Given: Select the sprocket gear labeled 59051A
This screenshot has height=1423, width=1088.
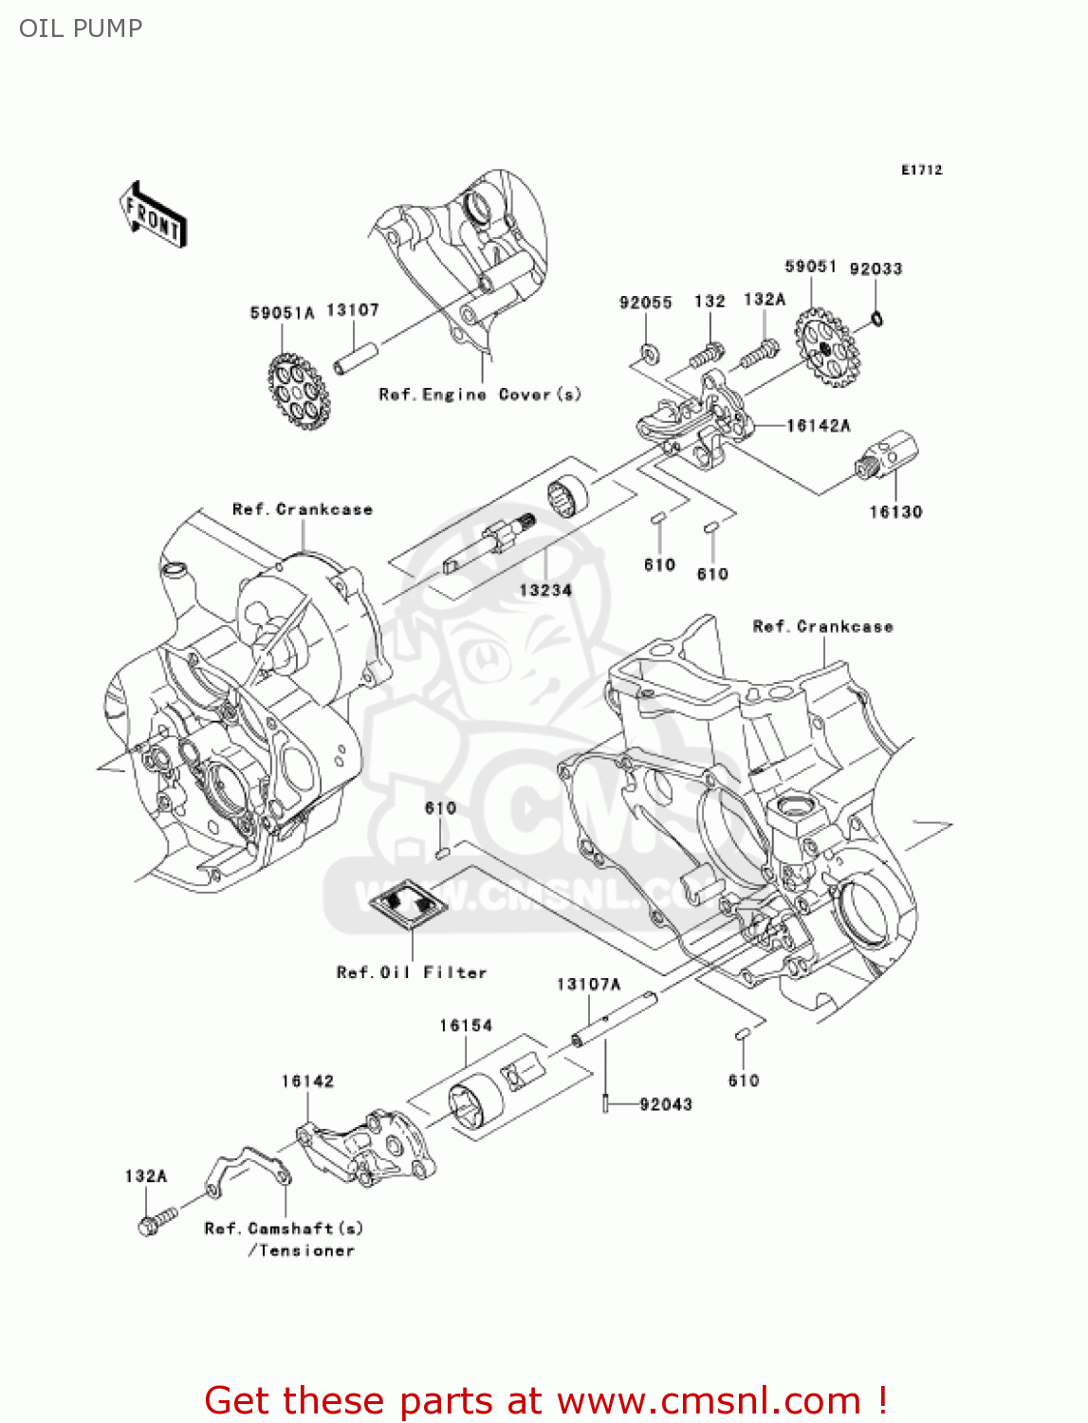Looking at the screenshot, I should point(298,390).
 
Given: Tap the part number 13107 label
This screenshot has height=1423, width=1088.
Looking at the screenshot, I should point(353,310).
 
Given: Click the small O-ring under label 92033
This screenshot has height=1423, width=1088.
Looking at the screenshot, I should point(877,318).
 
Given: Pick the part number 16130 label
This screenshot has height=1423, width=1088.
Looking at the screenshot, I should point(895,512).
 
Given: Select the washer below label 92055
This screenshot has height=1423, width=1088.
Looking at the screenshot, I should point(649,353).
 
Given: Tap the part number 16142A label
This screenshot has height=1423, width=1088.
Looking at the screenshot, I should point(818,426).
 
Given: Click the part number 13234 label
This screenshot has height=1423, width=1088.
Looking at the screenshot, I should point(545,590).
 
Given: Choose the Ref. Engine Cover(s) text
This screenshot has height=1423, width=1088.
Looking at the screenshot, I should point(480,395).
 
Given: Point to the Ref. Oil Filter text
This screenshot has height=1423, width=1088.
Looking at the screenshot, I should point(412,972).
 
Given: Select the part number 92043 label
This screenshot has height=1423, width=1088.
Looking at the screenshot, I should point(666,1104).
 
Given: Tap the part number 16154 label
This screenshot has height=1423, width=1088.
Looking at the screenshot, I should point(466,1026).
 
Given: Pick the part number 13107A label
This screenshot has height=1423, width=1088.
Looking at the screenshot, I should point(588,985).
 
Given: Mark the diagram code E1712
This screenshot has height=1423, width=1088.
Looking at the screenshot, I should point(921,170).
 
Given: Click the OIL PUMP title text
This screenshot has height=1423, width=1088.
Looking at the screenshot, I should point(81,28).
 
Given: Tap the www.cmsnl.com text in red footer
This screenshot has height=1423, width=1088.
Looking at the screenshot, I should point(708,1401).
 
